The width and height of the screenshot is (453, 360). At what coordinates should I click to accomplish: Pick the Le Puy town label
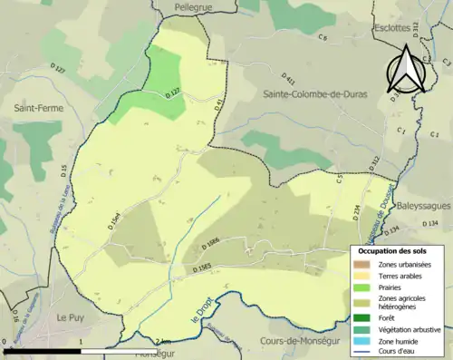tap(71, 318)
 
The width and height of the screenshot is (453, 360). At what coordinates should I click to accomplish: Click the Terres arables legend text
tap(400, 275)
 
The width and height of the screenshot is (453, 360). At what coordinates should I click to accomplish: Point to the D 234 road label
tap(356, 212)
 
